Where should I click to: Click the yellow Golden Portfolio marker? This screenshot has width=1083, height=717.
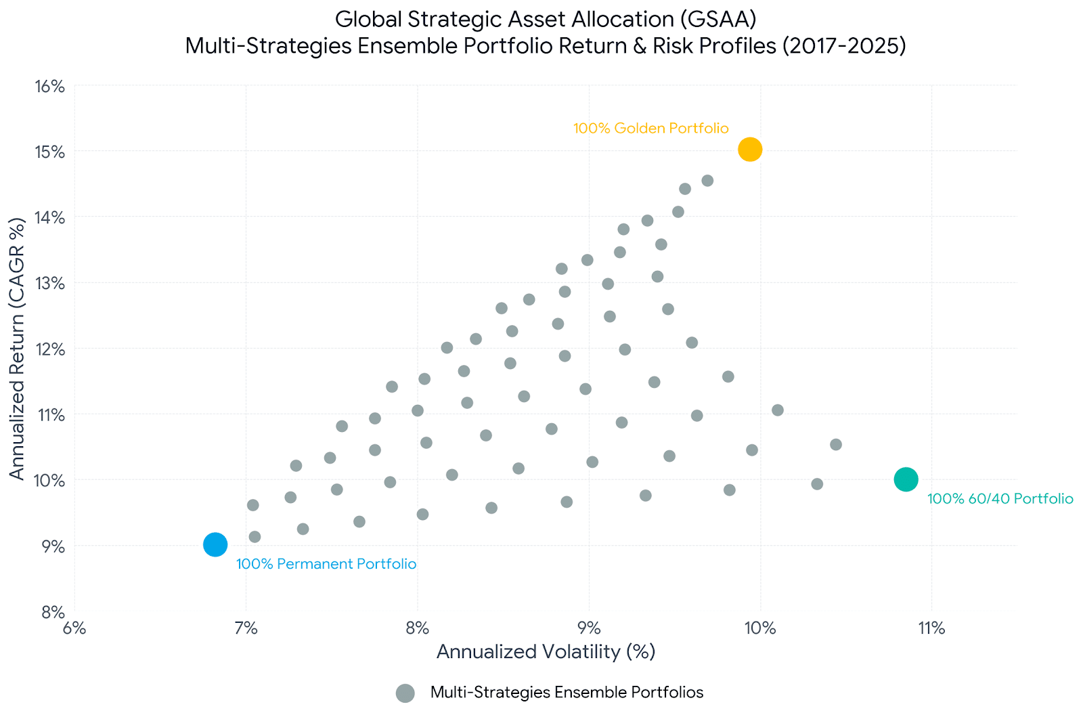point(750,149)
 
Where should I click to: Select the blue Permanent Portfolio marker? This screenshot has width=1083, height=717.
point(215,544)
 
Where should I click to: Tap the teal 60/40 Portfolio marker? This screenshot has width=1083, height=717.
point(906,479)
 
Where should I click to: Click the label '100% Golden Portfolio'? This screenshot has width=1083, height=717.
point(650,128)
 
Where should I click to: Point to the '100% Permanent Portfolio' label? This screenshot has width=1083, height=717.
point(326,564)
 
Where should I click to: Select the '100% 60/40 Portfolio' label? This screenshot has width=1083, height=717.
point(1000,499)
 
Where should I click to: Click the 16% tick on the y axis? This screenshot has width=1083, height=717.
point(49,87)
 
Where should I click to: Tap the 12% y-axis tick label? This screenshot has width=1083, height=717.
point(49,349)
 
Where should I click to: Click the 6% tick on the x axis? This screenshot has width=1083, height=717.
point(74,628)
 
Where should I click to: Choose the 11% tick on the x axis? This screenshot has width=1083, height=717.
point(931,628)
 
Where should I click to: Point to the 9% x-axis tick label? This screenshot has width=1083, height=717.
point(589,628)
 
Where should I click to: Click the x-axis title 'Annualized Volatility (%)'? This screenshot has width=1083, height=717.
point(546,651)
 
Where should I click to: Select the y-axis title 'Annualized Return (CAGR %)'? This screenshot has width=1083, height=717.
point(17,348)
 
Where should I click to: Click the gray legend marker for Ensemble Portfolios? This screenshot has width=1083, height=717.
point(405,693)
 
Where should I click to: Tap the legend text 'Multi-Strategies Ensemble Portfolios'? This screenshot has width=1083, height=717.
point(567,693)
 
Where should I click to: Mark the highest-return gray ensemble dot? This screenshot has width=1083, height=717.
point(707,180)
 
